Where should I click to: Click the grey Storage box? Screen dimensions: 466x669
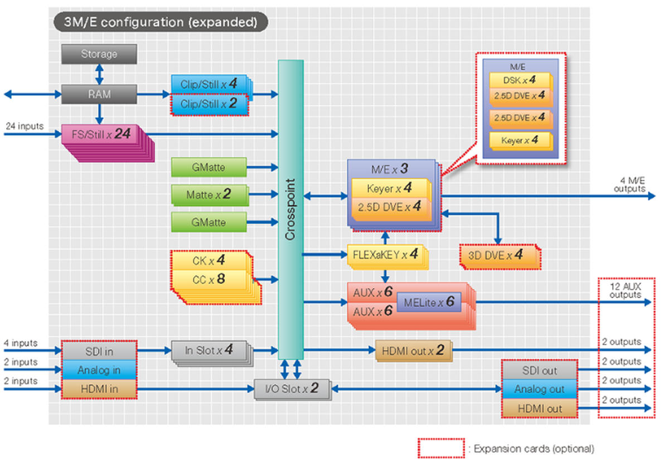[99, 54]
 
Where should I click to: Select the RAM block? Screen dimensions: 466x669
[99, 94]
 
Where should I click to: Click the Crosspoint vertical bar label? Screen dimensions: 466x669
[290, 210]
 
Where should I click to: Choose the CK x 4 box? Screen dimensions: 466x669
[209, 260]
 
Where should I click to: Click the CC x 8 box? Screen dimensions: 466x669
[209, 280]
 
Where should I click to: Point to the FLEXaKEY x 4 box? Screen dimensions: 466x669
[385, 255]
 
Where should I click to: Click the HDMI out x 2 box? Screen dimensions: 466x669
[413, 351]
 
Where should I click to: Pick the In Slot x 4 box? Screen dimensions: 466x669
[209, 351]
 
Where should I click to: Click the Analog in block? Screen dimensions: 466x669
[99, 370]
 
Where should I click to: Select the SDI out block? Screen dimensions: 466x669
[539, 370]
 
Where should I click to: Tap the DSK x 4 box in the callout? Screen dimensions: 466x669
[518, 79]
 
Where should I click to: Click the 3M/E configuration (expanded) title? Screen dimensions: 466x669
[161, 22]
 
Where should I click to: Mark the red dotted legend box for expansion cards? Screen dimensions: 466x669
[441, 448]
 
